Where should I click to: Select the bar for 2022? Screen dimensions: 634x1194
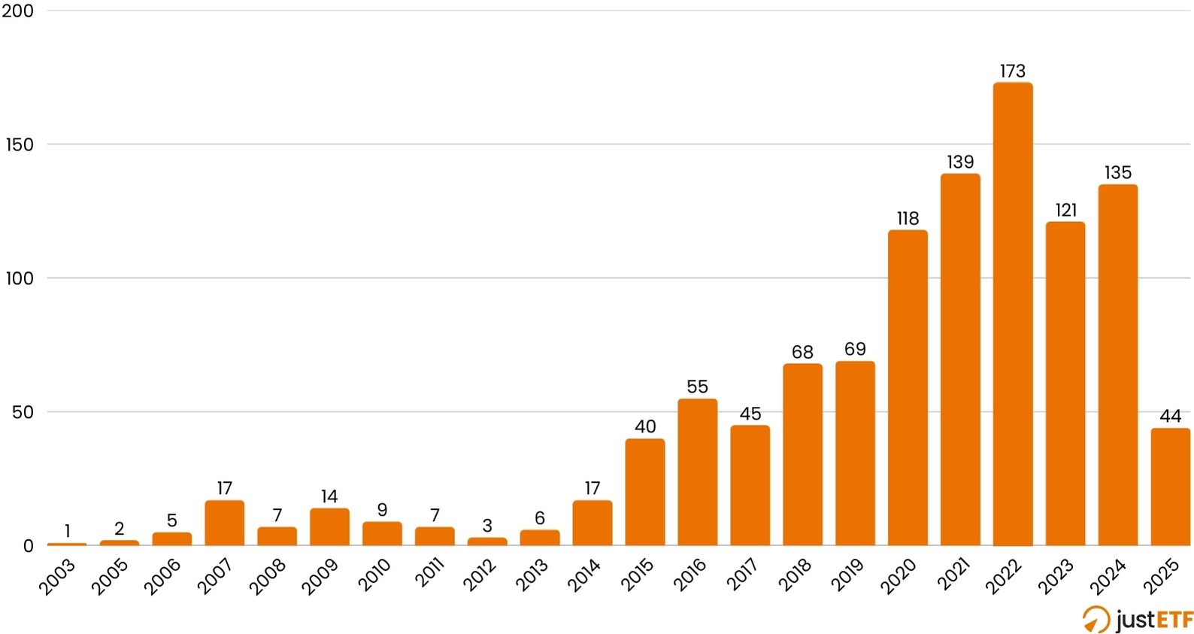[x=1012, y=316]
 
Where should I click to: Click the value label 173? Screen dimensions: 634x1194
[x=1012, y=71]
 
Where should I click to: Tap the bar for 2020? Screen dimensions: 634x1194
[x=908, y=388]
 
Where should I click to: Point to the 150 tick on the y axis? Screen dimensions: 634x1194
[x=20, y=145]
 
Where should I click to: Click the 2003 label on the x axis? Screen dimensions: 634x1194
[x=58, y=577]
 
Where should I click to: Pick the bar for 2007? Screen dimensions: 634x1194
[x=224, y=523]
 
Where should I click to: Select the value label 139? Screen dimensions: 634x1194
[x=960, y=162]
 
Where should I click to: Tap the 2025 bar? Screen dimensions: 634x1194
[x=1170, y=487]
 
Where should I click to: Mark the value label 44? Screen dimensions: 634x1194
[x=1170, y=416]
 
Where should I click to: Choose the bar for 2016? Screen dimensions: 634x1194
[x=697, y=472]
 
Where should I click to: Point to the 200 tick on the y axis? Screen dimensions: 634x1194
[x=20, y=11]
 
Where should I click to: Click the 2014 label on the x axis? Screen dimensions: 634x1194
[x=583, y=577]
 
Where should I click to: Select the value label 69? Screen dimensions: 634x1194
[x=855, y=350]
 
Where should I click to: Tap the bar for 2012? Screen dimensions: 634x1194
[x=487, y=541]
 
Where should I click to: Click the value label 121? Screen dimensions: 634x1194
[x=1065, y=211]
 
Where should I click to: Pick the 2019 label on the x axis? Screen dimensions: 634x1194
[x=847, y=577]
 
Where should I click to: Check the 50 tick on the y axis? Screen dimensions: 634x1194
[x=23, y=413]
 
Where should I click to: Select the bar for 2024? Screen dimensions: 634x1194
[x=1117, y=366]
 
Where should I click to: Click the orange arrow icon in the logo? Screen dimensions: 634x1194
[x=1096, y=620]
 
